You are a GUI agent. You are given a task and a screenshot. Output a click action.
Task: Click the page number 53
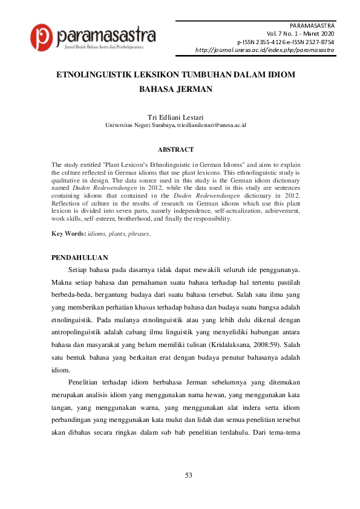pos(189,475)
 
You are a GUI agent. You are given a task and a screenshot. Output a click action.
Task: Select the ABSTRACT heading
pos(175,149)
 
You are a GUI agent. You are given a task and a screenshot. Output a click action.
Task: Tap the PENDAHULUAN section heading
pos(80,258)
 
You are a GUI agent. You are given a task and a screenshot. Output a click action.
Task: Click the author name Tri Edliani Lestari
pos(175,116)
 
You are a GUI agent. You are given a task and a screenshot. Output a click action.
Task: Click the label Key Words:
pos(68,233)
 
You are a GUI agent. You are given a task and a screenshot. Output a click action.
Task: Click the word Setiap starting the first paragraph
pos(80,268)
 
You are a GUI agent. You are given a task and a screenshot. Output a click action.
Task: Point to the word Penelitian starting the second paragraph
pos(87,383)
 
